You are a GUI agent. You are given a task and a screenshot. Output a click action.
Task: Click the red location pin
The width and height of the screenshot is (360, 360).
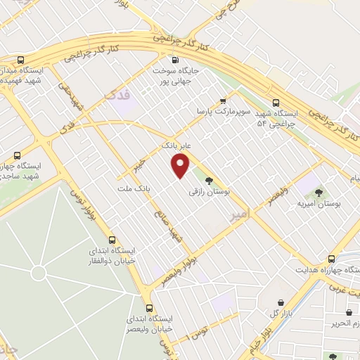(x=181, y=166)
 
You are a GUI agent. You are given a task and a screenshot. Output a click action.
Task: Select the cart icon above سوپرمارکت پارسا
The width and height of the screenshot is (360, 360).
(x=223, y=101)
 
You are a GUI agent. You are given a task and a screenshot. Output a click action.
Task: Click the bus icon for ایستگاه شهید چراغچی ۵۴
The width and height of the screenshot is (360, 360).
(x=275, y=101)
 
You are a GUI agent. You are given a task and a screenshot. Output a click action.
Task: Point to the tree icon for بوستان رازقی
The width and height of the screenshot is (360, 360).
(x=209, y=180)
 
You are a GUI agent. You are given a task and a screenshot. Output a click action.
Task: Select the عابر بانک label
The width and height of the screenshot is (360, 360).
(x=176, y=146)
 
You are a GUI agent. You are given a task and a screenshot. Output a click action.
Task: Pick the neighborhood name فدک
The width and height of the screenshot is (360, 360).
(x=117, y=94)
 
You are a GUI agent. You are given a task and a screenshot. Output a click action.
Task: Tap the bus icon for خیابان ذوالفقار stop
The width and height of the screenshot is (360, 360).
(x=112, y=239)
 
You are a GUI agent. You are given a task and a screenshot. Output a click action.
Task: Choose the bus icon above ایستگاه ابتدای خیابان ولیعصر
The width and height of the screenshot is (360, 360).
(x=149, y=307)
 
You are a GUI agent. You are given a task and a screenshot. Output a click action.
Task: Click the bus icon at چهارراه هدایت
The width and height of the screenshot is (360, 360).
(x=332, y=259)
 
